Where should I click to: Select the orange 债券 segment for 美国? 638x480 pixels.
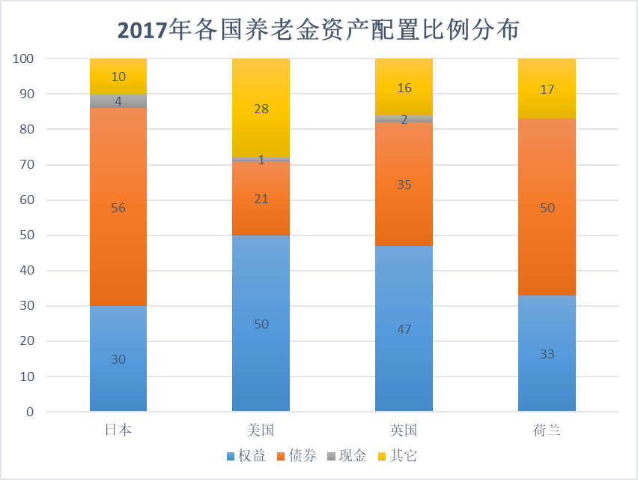(x=261, y=214)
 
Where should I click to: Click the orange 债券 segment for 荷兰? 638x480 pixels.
(x=547, y=225)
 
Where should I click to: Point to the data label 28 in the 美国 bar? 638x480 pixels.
(x=261, y=109)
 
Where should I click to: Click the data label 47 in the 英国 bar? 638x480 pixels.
(x=404, y=329)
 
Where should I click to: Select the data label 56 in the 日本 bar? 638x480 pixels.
(x=118, y=208)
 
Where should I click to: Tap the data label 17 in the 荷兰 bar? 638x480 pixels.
(x=547, y=88)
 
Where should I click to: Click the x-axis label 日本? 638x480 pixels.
(x=118, y=430)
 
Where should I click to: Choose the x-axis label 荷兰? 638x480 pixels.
(x=547, y=430)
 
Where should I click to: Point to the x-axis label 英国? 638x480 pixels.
(x=404, y=430)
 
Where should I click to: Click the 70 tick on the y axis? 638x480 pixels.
(x=27, y=164)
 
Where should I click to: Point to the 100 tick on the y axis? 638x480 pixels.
(x=24, y=58)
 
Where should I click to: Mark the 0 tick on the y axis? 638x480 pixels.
(x=30, y=412)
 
